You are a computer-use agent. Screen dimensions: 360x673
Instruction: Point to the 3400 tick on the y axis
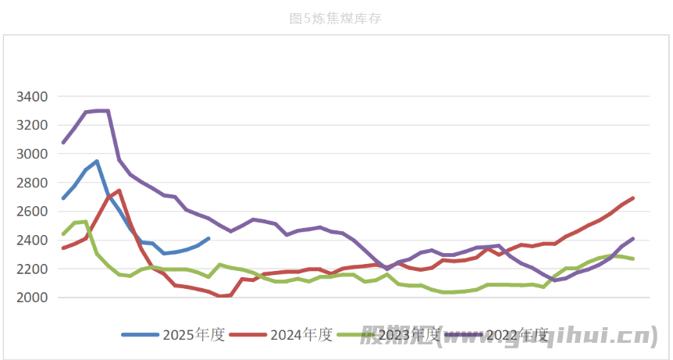(31, 97)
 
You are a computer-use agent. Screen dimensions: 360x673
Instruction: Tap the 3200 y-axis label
(31, 125)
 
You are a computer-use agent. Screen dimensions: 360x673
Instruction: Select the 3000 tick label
(31, 154)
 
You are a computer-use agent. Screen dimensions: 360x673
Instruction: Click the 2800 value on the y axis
(31, 183)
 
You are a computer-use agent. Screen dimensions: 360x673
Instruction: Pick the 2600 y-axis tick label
(31, 212)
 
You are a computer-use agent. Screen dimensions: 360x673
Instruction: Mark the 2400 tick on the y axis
(31, 241)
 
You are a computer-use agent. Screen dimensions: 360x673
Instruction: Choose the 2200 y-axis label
(31, 269)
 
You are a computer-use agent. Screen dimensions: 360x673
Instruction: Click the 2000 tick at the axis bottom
(31, 298)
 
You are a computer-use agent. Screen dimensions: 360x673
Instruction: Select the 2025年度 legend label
(194, 335)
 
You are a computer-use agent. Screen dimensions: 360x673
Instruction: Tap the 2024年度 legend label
(301, 335)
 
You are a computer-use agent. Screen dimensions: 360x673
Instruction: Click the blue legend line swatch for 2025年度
(140, 335)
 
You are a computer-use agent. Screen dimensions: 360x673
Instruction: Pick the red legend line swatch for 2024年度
(247, 335)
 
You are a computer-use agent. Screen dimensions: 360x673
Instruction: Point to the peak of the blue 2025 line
(97, 161)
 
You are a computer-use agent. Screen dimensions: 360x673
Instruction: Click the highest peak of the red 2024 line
(119, 191)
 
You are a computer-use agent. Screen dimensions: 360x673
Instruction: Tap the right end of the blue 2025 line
(208, 238)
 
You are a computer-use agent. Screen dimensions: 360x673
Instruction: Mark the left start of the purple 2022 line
(63, 142)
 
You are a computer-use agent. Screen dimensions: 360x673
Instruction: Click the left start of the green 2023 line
(63, 233)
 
